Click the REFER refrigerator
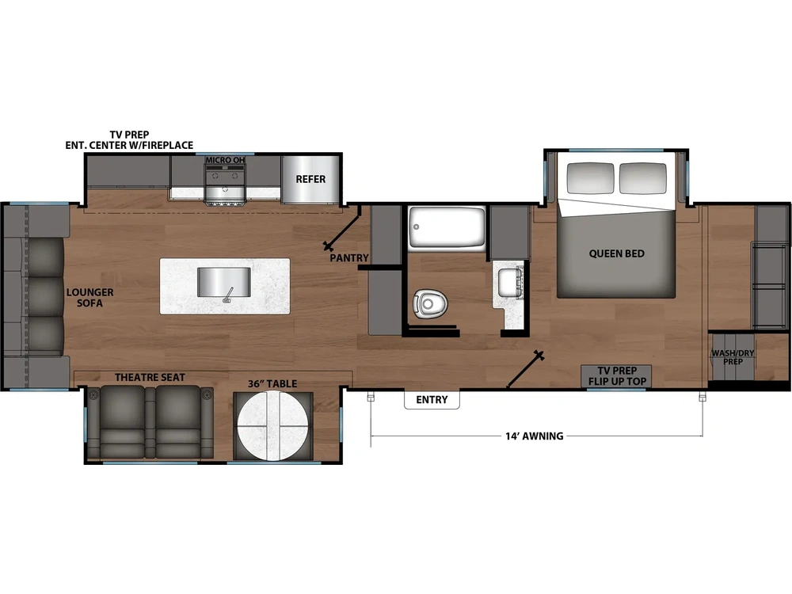pos(310,179)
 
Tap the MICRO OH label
pos(225,160)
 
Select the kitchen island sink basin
pos(224,283)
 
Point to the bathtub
pos(447,227)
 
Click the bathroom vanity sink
pos(507,283)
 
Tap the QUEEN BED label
pos(617,253)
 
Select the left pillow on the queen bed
pos(591,177)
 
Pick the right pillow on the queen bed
pos(642,177)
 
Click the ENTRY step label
pos(432,399)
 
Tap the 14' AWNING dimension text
pos(535,436)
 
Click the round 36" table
pos(272,426)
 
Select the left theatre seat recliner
pos(123,422)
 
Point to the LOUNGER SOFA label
pos(90,298)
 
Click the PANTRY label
pos(349,258)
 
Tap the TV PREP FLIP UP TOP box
pos(616,376)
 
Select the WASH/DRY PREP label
pos(733,357)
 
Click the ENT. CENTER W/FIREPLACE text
pos(129,146)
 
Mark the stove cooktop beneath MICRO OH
pos(225,187)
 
